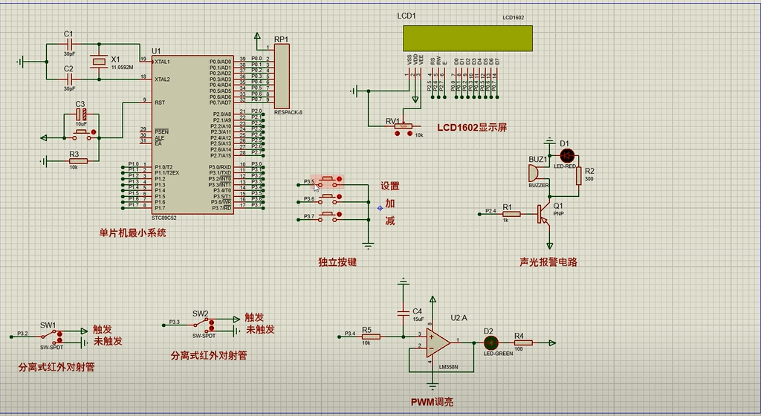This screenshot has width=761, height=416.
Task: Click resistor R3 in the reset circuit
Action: coord(77,160)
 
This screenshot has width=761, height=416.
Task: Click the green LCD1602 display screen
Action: coord(467,38)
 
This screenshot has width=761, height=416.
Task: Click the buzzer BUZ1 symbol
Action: coord(534,173)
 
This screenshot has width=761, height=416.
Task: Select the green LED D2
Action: coord(490,342)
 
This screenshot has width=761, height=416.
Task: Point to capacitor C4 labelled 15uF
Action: coord(404,312)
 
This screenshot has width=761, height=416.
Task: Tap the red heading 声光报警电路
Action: coord(548,262)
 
